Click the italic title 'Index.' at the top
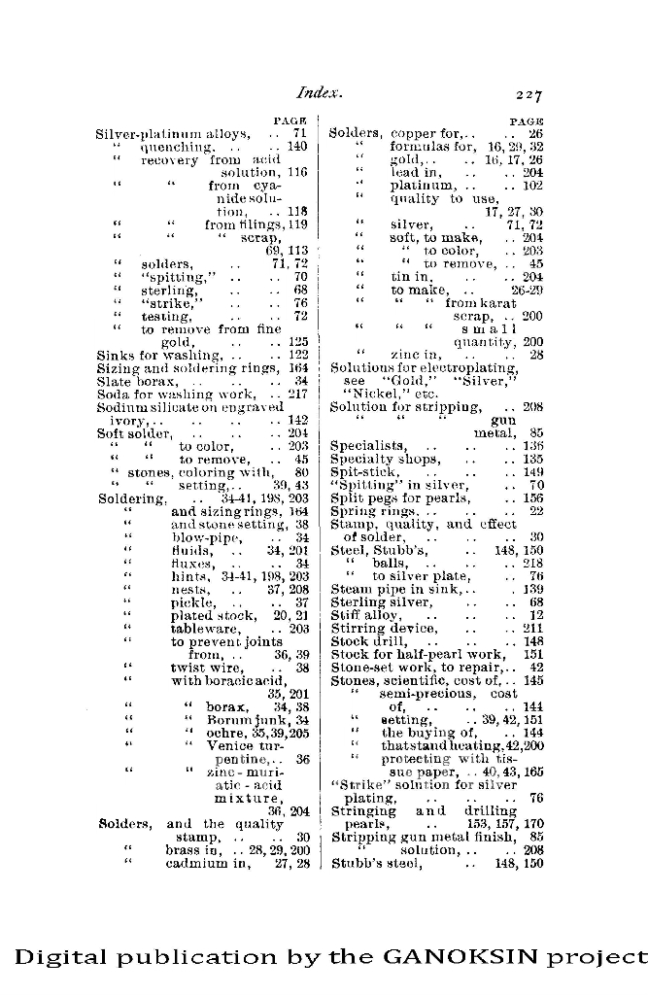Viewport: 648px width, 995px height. (321, 93)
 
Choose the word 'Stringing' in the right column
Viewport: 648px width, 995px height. (363, 810)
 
